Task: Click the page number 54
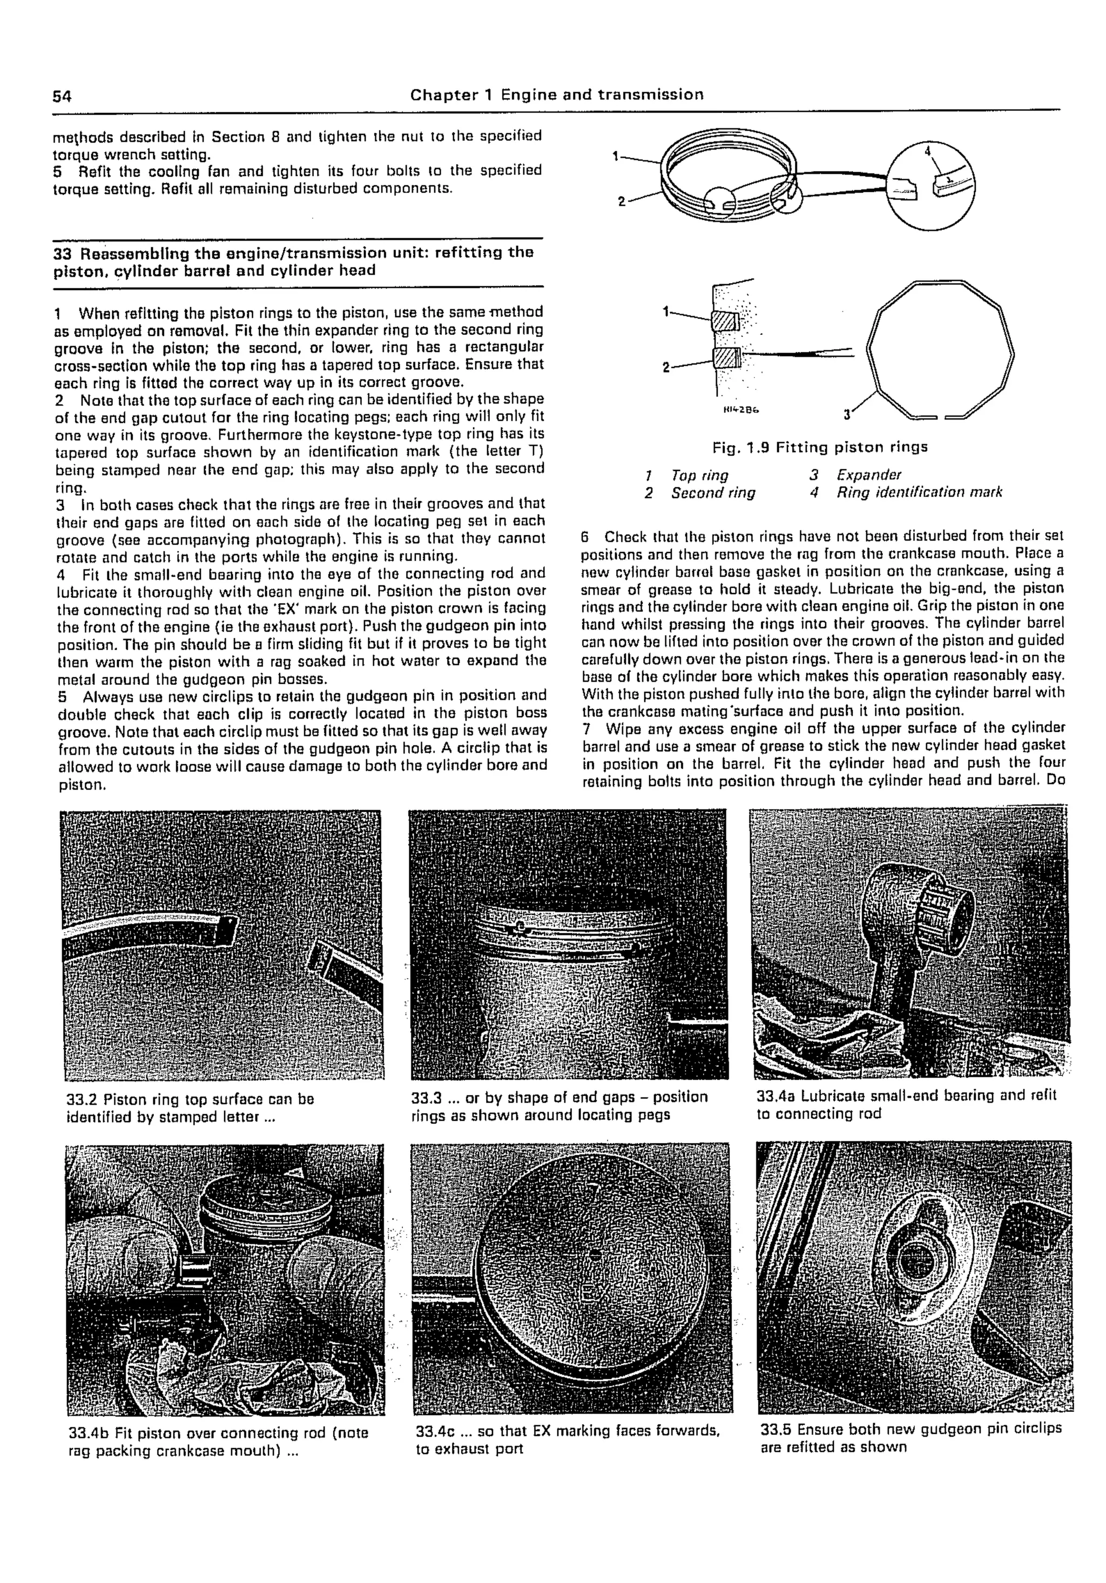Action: pyautogui.click(x=62, y=96)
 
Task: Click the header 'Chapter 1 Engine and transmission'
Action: pyautogui.click(x=556, y=95)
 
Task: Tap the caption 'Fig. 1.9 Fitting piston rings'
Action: pyautogui.click(x=819, y=447)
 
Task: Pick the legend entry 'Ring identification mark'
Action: pyautogui.click(x=919, y=492)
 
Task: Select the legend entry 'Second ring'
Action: pyautogui.click(x=713, y=493)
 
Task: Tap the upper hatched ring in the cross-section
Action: pyautogui.click(x=725, y=321)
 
